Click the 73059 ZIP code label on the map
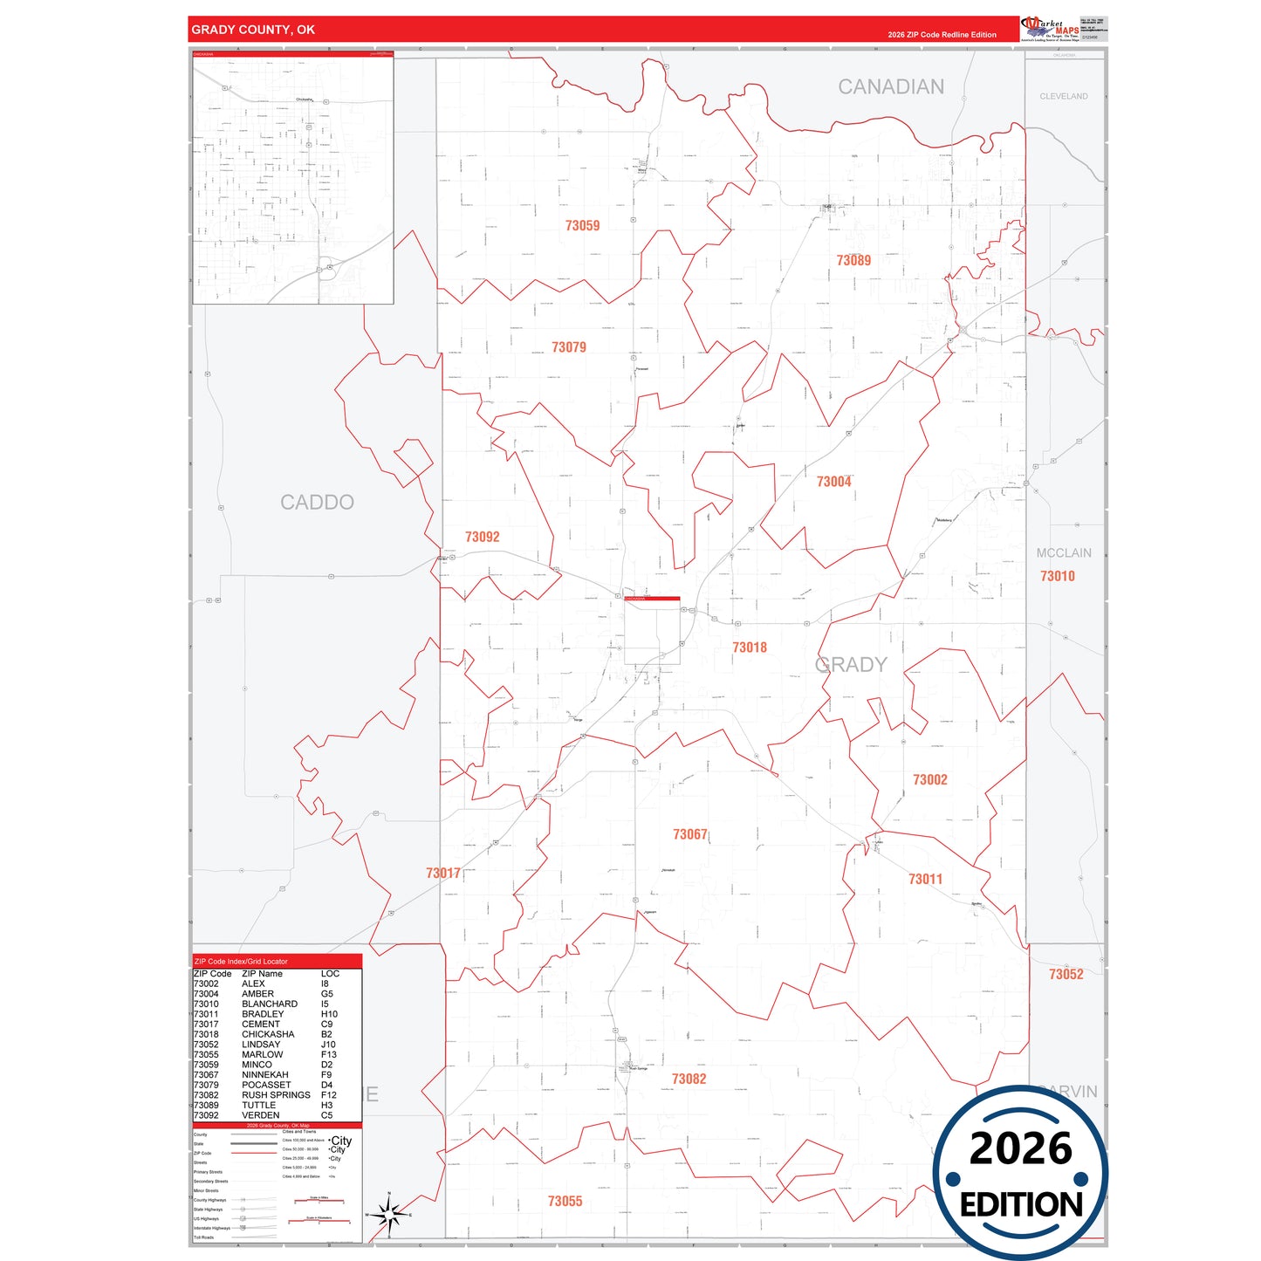pyautogui.click(x=582, y=226)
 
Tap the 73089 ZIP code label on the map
pyautogui.click(x=853, y=260)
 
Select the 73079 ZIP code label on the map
pyautogui.click(x=569, y=347)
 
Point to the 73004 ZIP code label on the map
pyautogui.click(x=833, y=482)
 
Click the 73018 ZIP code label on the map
pyautogui.click(x=750, y=648)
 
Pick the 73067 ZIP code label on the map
pyautogui.click(x=689, y=835)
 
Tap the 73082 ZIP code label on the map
pyautogui.click(x=689, y=1079)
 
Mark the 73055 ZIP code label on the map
pyautogui.click(x=565, y=1202)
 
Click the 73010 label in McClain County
pyautogui.click(x=1057, y=576)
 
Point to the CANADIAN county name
pyautogui.click(x=891, y=87)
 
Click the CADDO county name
pyautogui.click(x=317, y=503)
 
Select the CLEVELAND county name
pyautogui.click(x=1063, y=97)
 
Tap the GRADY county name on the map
pyautogui.click(x=851, y=665)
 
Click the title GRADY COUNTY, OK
pyautogui.click(x=253, y=30)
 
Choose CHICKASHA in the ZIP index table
pyautogui.click(x=268, y=1034)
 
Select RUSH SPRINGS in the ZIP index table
pyautogui.click(x=276, y=1095)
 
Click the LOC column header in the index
pyautogui.click(x=330, y=974)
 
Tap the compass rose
pyautogui.click(x=389, y=1214)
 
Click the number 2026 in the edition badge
pyautogui.click(x=1020, y=1148)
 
